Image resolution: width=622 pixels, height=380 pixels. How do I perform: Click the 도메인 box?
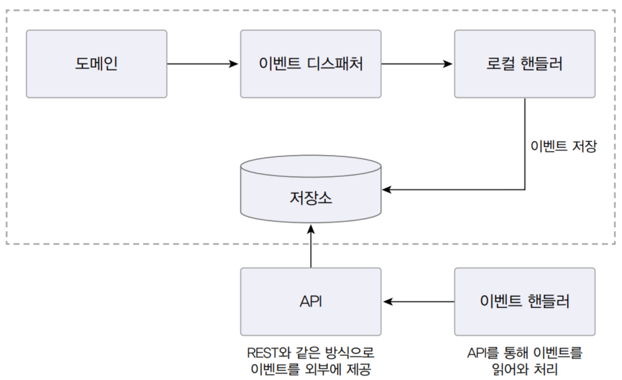pyautogui.click(x=97, y=64)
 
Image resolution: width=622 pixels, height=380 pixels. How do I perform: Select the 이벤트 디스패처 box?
pyautogui.click(x=311, y=64)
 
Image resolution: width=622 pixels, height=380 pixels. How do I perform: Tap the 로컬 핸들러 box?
pyautogui.click(x=525, y=64)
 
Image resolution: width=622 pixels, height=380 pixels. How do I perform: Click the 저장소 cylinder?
pyautogui.click(x=311, y=189)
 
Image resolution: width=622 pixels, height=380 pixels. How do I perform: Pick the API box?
pyautogui.click(x=311, y=302)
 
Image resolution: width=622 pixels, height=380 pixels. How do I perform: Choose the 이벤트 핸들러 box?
pyautogui.click(x=525, y=302)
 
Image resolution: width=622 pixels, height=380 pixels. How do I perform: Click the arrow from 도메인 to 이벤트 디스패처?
pyautogui.click(x=203, y=64)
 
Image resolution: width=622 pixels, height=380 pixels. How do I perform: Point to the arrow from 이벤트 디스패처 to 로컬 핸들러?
pyautogui.click(x=417, y=64)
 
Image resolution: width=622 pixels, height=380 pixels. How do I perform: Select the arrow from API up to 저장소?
pyautogui.click(x=311, y=246)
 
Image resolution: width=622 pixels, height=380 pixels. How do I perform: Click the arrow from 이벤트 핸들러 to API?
pyautogui.click(x=419, y=302)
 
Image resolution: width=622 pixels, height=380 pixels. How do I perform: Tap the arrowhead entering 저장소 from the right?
pyautogui.click(x=386, y=190)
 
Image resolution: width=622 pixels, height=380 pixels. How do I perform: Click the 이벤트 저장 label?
pyautogui.click(x=563, y=146)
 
